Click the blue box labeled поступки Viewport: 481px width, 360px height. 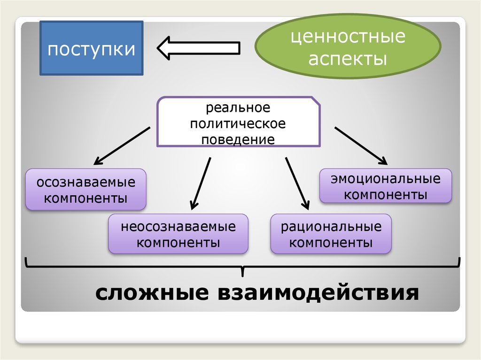(x=91, y=48)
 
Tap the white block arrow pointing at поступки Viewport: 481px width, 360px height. (x=198, y=48)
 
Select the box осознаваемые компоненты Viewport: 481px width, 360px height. (x=86, y=189)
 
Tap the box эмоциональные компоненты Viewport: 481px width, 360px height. (x=386, y=186)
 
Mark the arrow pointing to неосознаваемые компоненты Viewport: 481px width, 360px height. (x=201, y=183)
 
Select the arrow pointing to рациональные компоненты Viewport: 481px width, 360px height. (x=297, y=183)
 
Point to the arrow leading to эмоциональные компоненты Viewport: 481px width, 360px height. (x=360, y=146)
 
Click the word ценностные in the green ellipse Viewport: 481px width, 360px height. (x=348, y=37)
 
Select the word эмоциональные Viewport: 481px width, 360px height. (x=386, y=179)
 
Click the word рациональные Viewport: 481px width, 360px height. (x=331, y=227)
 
